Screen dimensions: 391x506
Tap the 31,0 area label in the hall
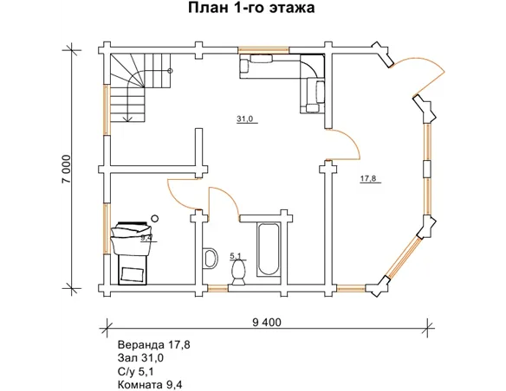pyautogui.click(x=244, y=119)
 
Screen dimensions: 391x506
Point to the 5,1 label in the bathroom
pyautogui.click(x=236, y=256)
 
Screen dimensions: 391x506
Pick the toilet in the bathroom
pyautogui.click(x=239, y=272)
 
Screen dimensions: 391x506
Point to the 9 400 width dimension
pyautogui.click(x=267, y=323)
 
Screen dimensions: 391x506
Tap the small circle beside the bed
pyautogui.click(x=154, y=217)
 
